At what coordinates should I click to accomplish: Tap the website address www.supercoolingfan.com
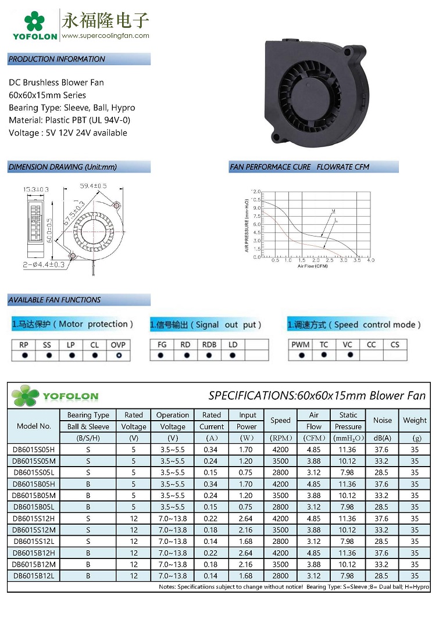(x=105, y=35)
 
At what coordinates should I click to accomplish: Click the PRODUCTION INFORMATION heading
(x=57, y=59)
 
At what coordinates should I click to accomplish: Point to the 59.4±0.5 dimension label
(x=93, y=186)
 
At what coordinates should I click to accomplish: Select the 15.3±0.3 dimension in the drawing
(x=36, y=189)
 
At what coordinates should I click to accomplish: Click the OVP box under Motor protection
(x=119, y=345)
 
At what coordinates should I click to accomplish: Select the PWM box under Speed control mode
(x=301, y=345)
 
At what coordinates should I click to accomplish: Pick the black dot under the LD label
(x=233, y=355)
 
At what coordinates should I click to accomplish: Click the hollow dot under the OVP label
(x=119, y=355)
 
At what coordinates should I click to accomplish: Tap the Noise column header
(x=383, y=420)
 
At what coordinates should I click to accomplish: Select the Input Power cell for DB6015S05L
(x=247, y=472)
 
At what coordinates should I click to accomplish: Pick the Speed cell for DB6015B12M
(x=280, y=564)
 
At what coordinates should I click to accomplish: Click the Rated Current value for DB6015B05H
(x=212, y=483)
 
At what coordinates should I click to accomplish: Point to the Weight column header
(x=415, y=420)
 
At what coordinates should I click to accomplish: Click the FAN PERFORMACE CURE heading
(x=271, y=167)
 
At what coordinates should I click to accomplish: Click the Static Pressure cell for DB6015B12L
(x=348, y=575)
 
